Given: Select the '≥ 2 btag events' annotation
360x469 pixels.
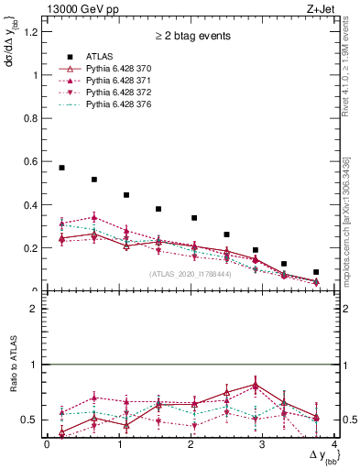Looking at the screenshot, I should pos(191,37).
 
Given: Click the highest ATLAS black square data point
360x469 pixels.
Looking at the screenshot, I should pos(61,168).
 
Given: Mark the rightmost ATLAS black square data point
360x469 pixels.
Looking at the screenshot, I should pos(316,272).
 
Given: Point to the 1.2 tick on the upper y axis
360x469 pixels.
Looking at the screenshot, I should pos(33,32).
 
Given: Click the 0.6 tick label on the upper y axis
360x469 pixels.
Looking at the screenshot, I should pos(33,162).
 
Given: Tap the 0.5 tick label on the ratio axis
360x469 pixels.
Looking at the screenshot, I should pos(32,420).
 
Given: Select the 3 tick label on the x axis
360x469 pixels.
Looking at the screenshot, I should pos(263,444).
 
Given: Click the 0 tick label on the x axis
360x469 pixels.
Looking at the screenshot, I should pos(47,444).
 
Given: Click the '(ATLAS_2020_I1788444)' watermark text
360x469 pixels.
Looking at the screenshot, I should pos(190,274).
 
